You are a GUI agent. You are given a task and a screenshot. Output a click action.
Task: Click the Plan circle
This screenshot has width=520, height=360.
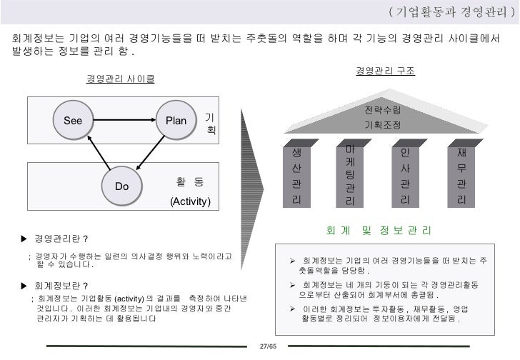[x=176, y=121]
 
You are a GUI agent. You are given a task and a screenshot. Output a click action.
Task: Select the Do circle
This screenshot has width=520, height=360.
[x=122, y=186]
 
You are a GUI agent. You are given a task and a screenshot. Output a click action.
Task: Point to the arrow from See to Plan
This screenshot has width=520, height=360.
[x=124, y=121]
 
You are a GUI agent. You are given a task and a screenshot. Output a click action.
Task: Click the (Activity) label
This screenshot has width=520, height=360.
[x=189, y=201]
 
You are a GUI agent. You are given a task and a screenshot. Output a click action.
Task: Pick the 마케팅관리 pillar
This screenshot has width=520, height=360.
[x=350, y=176]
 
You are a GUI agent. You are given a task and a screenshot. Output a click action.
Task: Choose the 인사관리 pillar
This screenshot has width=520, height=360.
[x=405, y=176]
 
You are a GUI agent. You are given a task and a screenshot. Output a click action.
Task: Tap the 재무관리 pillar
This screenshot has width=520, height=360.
[x=461, y=176]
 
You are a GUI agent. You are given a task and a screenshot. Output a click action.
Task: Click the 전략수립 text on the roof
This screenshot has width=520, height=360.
[x=382, y=110]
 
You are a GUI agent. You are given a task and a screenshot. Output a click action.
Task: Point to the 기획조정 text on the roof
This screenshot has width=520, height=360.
[x=382, y=125]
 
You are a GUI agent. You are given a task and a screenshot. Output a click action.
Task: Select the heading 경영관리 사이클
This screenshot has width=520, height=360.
[x=120, y=78]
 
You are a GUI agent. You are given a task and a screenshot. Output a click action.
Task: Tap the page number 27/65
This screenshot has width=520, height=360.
[x=267, y=346]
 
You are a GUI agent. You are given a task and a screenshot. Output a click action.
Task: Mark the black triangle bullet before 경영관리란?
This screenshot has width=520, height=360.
[x=24, y=238]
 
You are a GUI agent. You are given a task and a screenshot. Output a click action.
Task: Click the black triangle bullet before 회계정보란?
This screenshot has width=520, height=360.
[x=24, y=285]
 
